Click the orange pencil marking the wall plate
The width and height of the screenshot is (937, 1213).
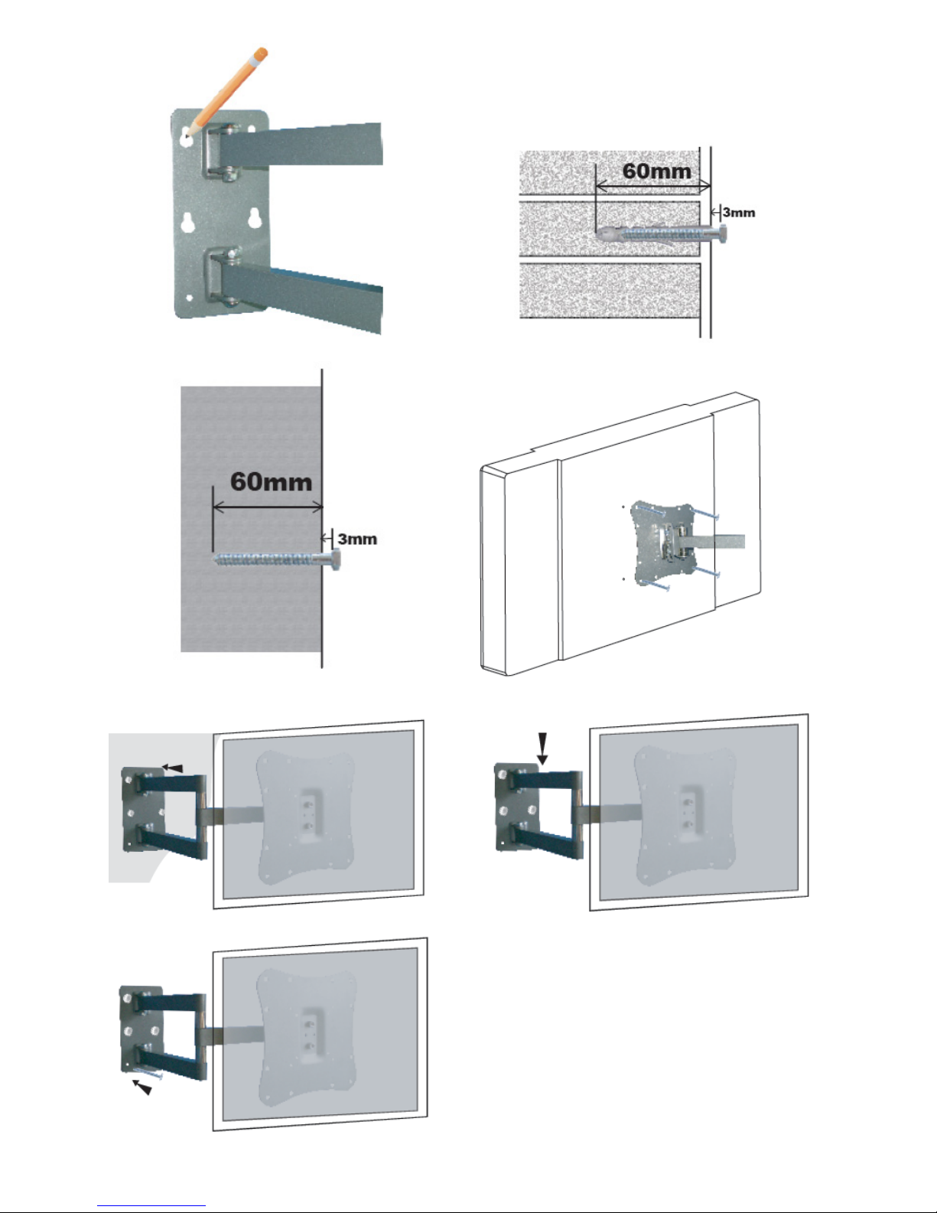229,89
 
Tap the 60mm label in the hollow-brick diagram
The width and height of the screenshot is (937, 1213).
656,170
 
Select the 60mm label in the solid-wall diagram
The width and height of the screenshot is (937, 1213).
271,482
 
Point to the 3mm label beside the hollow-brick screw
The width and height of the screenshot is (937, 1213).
739,212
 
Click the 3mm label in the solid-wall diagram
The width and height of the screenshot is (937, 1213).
357,538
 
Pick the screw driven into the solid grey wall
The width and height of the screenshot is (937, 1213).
275,560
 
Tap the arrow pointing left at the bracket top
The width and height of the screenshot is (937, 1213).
174,768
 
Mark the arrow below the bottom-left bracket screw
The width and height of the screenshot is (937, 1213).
142,1087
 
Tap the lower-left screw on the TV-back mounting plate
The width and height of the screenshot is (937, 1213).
656,585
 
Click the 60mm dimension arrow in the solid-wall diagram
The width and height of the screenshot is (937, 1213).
267,507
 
